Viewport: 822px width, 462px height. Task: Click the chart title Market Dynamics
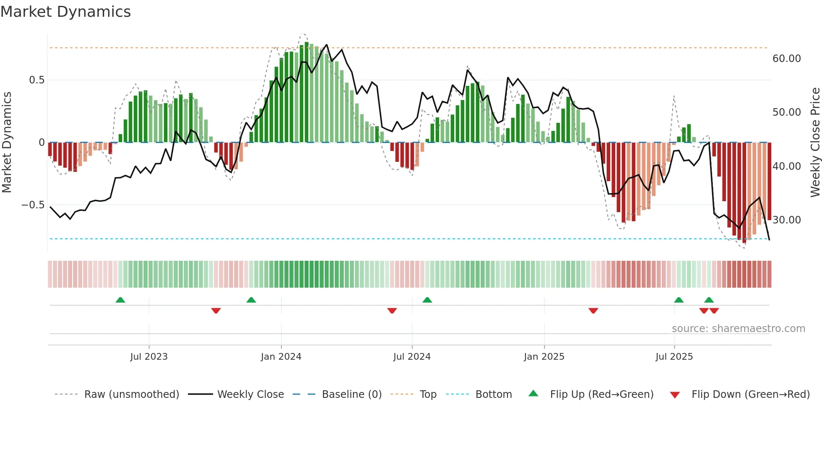click(x=66, y=12)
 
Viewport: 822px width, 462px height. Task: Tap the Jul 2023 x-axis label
click(x=149, y=357)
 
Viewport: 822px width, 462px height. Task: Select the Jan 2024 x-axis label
click(x=281, y=357)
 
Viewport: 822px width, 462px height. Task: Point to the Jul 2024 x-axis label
click(x=412, y=357)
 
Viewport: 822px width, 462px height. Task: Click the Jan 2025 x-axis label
click(x=544, y=357)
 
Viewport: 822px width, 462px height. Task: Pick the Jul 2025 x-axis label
click(x=674, y=357)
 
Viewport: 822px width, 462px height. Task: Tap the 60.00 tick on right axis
click(x=786, y=59)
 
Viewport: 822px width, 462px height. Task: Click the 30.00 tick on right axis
click(x=786, y=220)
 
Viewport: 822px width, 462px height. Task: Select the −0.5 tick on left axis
click(x=33, y=205)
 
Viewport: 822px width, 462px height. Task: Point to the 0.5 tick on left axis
click(x=36, y=80)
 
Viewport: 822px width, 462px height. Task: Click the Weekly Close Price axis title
click(x=815, y=143)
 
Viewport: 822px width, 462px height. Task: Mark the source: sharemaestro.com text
click(x=738, y=329)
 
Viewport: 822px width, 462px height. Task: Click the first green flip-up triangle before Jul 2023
click(x=120, y=300)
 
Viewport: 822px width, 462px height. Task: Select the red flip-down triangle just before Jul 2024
click(x=392, y=311)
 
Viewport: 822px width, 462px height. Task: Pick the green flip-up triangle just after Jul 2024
click(x=427, y=300)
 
